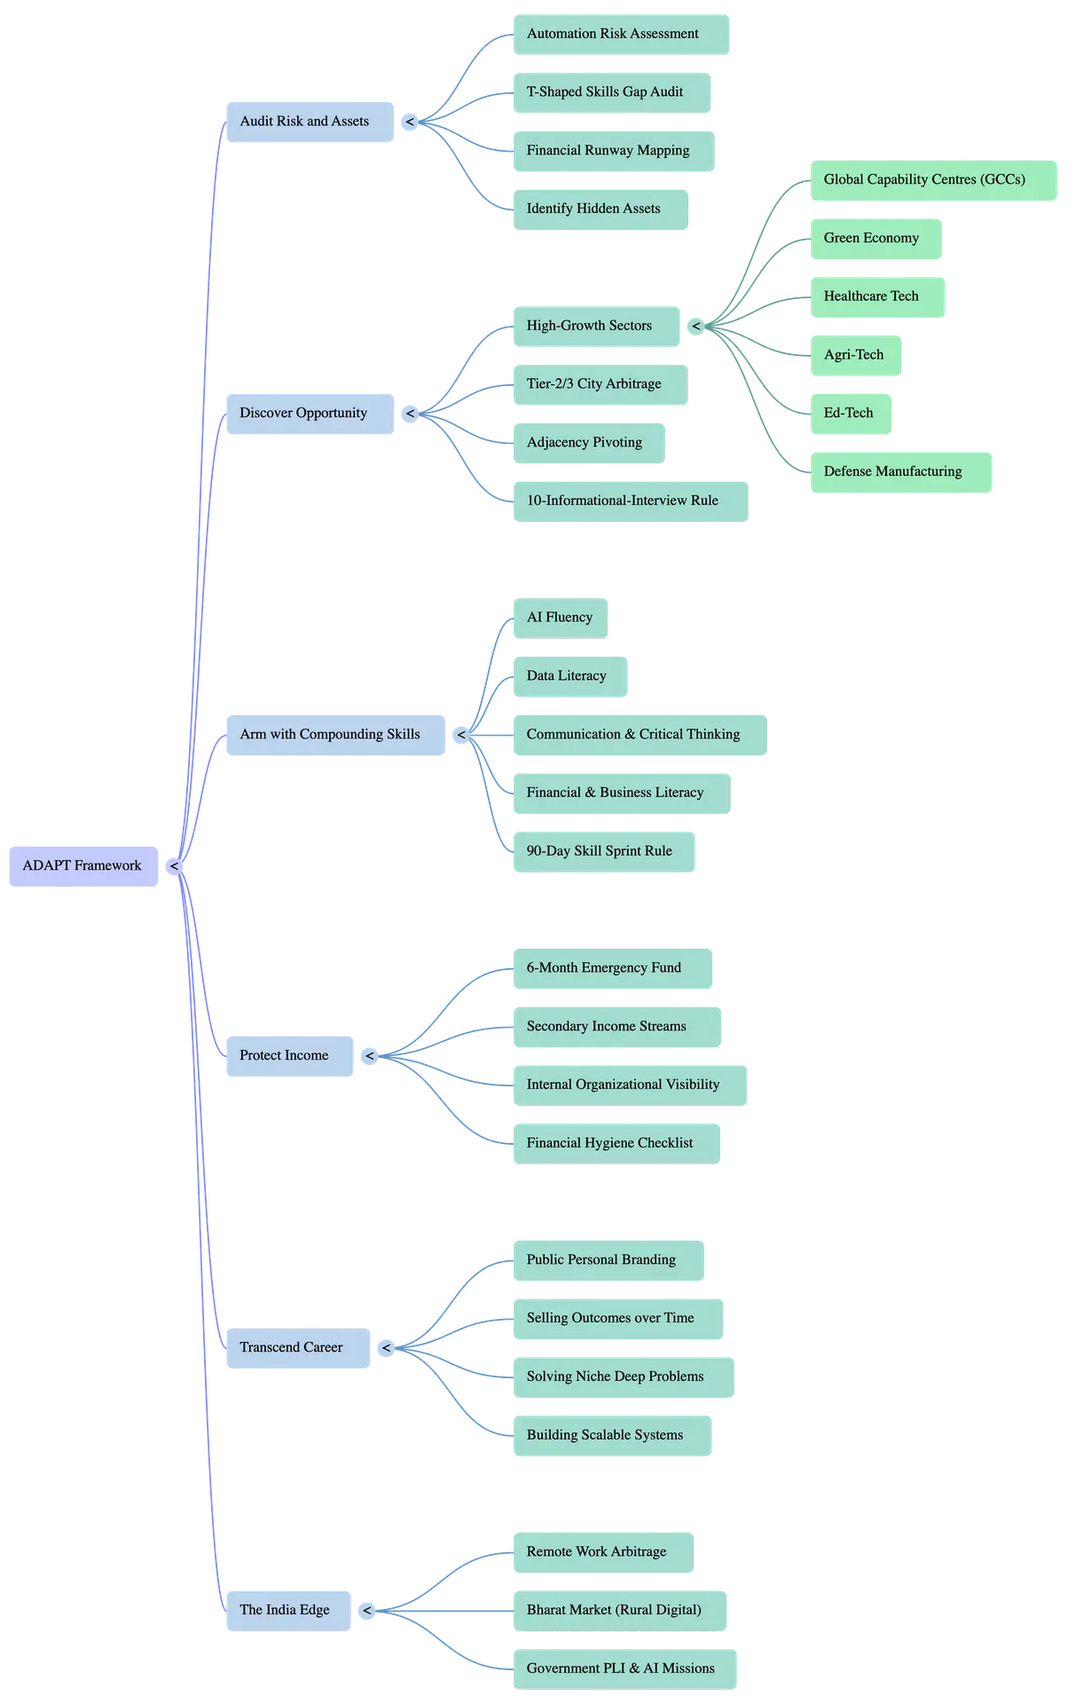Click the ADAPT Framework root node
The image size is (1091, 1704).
pos(82,865)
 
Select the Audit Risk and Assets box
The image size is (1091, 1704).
pos(305,122)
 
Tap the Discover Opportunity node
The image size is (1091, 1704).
pos(304,413)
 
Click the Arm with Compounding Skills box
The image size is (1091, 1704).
pos(331,734)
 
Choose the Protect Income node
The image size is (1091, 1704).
pos(285,1055)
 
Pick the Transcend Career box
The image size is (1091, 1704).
pos(292,1347)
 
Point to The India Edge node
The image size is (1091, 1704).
pos(285,1610)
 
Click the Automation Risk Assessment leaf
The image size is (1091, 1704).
pos(614,34)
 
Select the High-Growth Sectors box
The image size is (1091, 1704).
pos(590,326)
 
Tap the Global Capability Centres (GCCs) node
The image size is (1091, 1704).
pos(925,179)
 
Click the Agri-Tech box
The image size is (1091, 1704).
pos(854,355)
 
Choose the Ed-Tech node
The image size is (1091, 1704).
pos(849,413)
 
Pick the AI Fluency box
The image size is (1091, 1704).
pos(560,618)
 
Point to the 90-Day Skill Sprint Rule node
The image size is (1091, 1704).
pos(600,851)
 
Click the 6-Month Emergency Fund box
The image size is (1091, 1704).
pos(605,967)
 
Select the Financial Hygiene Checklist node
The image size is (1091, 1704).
pos(610,1143)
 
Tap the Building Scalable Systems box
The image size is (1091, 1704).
pos(606,1435)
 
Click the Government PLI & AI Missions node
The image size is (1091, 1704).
pos(621,1668)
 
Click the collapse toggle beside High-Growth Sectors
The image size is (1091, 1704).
pos(696,327)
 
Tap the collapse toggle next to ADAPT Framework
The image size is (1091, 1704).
pos(174,866)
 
